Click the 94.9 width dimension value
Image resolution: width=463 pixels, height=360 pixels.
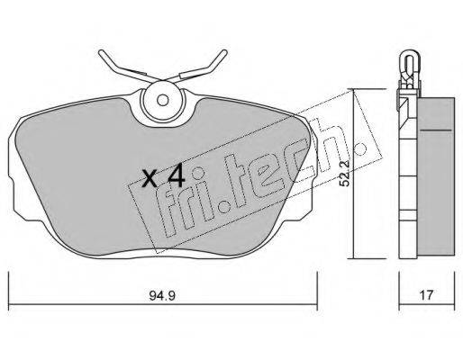(162, 295)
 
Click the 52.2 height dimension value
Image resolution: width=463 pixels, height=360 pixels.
(345, 173)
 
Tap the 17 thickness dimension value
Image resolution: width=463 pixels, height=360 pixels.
(426, 295)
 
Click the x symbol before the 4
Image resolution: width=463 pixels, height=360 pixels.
(150, 179)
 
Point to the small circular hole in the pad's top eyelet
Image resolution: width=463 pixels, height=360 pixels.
(163, 100)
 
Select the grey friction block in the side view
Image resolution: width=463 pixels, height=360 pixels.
(436, 177)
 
